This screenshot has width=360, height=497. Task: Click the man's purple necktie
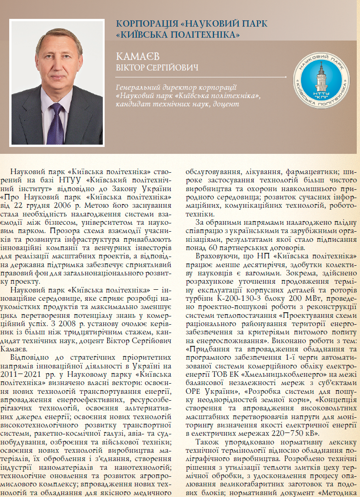click(x=56, y=122)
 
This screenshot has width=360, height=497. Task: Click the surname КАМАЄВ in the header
click(x=137, y=57)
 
